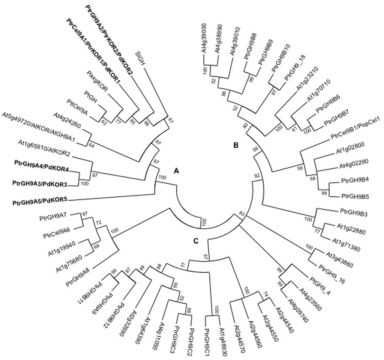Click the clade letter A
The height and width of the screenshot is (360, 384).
click(x=177, y=171)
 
